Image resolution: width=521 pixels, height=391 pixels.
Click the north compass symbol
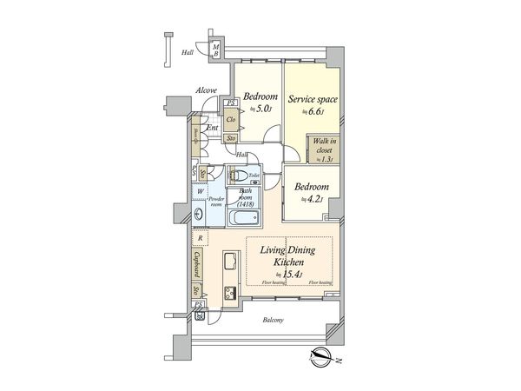(320, 355)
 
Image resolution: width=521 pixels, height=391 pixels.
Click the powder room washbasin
(200, 214)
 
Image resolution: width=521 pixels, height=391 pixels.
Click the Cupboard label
(199, 262)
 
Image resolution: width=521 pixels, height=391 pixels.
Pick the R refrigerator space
(201, 237)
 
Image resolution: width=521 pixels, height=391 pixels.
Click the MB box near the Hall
(215, 50)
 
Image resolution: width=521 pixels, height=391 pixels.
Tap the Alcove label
(206, 89)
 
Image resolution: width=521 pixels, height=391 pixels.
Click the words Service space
(312, 99)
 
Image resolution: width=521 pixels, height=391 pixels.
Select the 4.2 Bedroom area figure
(310, 199)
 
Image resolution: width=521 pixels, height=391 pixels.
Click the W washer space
(200, 192)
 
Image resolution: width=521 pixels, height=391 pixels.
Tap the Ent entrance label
(213, 128)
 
